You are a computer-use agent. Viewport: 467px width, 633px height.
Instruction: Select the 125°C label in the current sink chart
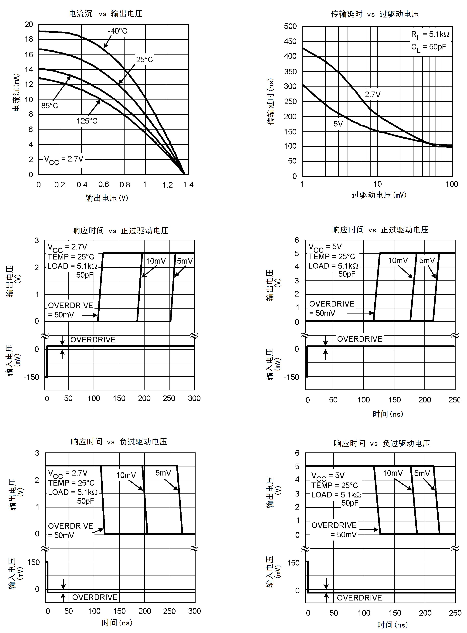87,121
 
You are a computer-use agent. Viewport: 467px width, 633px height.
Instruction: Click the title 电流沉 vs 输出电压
106,14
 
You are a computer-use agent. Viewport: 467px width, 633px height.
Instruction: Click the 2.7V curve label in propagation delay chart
373,94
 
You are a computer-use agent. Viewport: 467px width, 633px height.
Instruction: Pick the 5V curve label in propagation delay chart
338,124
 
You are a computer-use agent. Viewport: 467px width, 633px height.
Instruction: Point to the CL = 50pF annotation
428,47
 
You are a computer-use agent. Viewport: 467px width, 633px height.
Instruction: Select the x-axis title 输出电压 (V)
107,198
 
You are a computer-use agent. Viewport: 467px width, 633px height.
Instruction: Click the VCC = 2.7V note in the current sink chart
64,160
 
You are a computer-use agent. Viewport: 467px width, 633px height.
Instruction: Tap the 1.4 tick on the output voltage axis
188,185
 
